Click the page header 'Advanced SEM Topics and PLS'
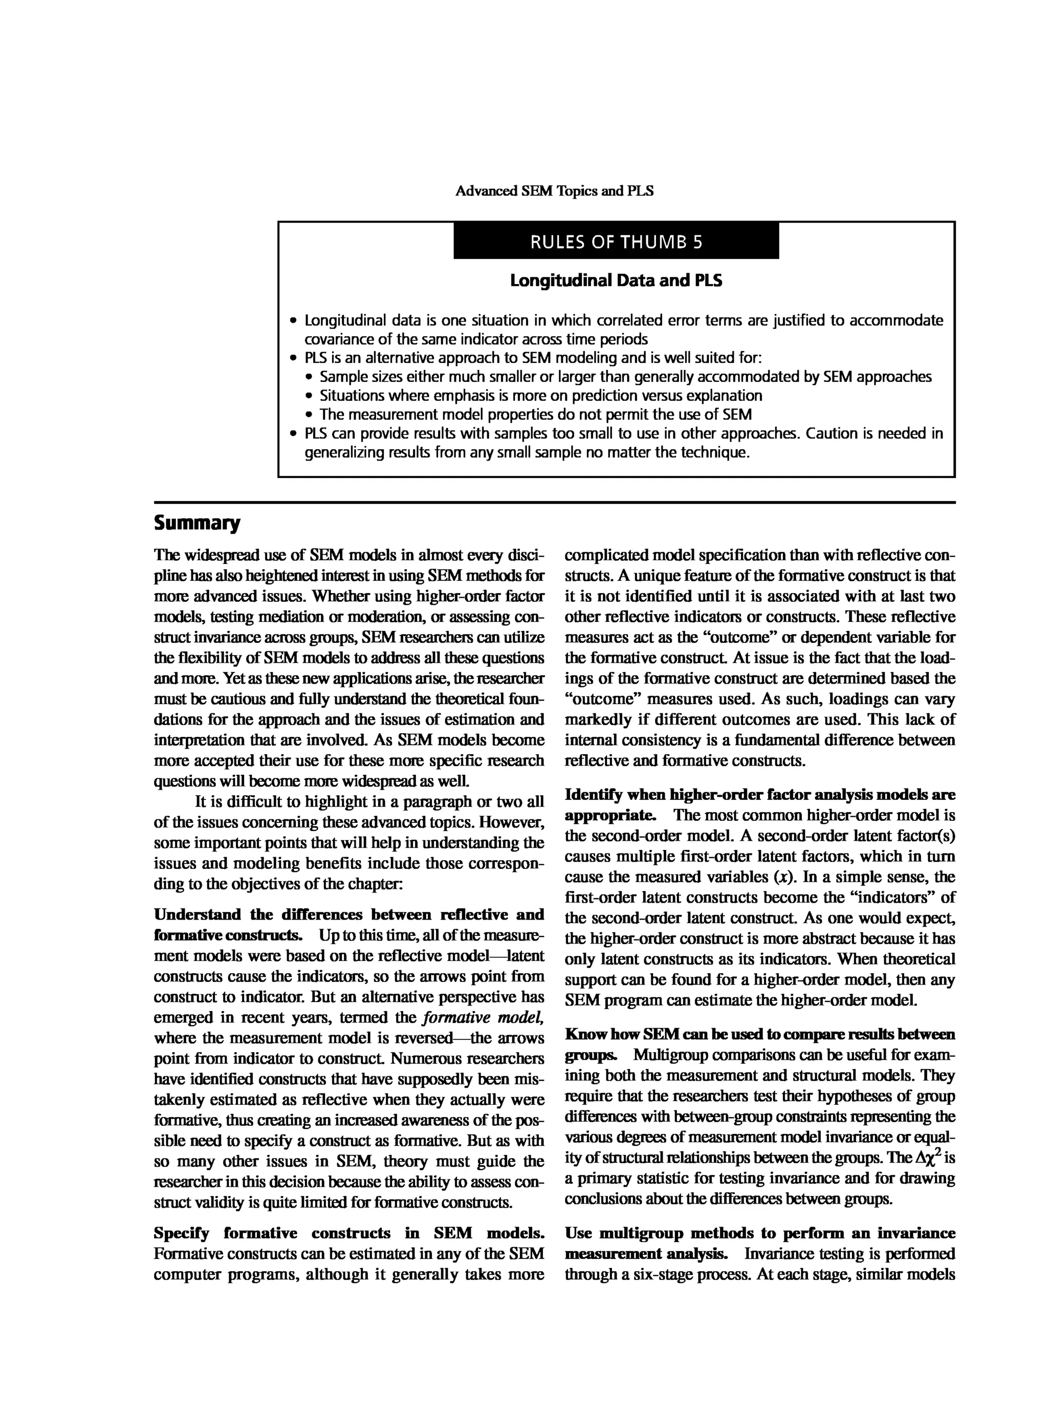pos(555,191)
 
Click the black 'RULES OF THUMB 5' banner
pos(616,242)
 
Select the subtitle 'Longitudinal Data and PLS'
pos(616,280)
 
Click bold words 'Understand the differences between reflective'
pos(349,914)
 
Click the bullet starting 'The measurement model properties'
pos(535,415)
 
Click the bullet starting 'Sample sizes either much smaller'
pos(625,377)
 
